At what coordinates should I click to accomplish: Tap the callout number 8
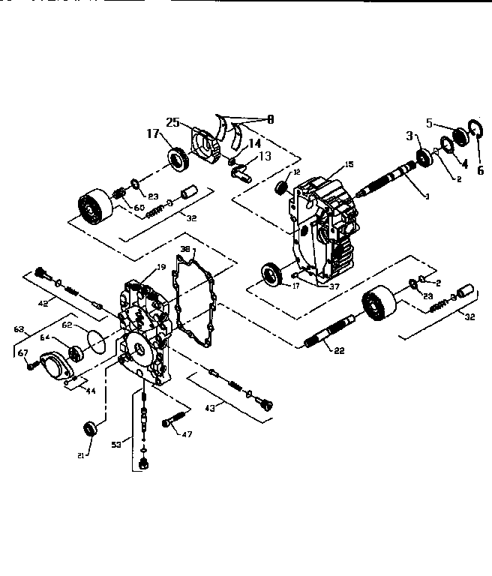pyautogui.click(x=270, y=118)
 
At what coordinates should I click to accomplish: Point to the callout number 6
pyautogui.click(x=481, y=170)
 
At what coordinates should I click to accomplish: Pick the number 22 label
pyautogui.click(x=338, y=350)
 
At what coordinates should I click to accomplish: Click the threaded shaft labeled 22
pyautogui.click(x=329, y=329)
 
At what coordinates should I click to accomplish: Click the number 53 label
pyautogui.click(x=116, y=444)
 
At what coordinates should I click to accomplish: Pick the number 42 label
pyautogui.click(x=43, y=304)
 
